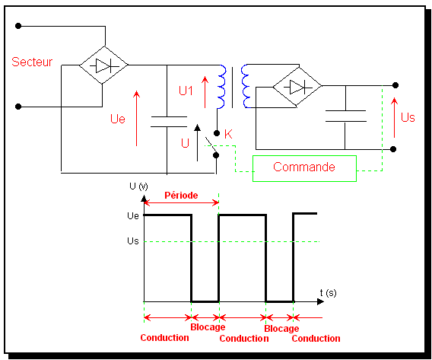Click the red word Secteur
click(x=32, y=62)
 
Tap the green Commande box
click(x=304, y=168)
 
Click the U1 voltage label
click(x=186, y=91)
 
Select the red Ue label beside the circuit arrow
click(x=118, y=119)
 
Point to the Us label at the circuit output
click(x=408, y=117)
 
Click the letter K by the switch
click(x=228, y=134)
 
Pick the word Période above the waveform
click(x=181, y=195)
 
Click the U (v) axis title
click(x=138, y=186)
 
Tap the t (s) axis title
click(x=328, y=293)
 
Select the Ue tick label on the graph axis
click(x=133, y=215)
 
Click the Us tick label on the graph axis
click(x=133, y=241)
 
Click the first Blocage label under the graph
click(x=208, y=327)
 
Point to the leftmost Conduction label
click(x=165, y=338)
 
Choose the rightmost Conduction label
click(x=316, y=338)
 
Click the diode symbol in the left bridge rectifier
click(x=104, y=65)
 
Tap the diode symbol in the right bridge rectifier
click(x=298, y=88)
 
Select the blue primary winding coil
click(x=222, y=87)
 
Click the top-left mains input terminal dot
click(x=18, y=26)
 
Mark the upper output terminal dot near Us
click(x=395, y=85)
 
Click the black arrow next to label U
click(x=197, y=143)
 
